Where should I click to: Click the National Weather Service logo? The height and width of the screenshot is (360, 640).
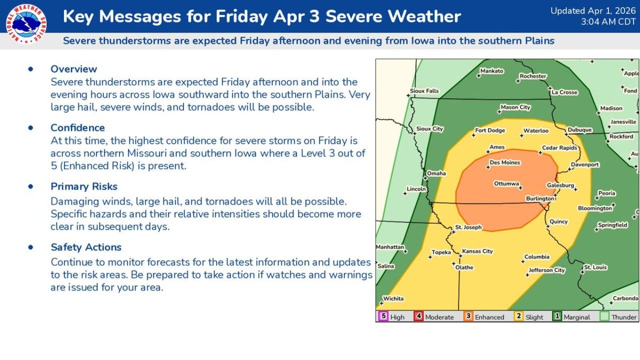pyautogui.click(x=26, y=24)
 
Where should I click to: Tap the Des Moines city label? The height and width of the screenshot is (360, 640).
pyautogui.click(x=504, y=162)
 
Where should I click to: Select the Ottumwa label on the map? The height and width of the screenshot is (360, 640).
pyautogui.click(x=506, y=183)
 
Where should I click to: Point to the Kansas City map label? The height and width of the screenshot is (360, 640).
pyautogui.click(x=477, y=251)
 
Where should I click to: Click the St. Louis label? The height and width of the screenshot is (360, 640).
pyautogui.click(x=595, y=267)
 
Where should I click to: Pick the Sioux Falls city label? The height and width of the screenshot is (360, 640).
pyautogui.click(x=424, y=90)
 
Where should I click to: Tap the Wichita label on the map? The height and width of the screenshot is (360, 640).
pyautogui.click(x=393, y=298)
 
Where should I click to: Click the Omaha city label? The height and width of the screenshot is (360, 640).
pyautogui.click(x=436, y=173)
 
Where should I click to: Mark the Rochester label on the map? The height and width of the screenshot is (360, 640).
pyautogui.click(x=532, y=76)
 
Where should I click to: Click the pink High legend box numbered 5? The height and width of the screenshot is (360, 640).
pyautogui.click(x=383, y=316)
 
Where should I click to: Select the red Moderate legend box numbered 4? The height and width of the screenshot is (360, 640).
pyautogui.click(x=418, y=316)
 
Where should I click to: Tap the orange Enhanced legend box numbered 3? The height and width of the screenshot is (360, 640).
pyautogui.click(x=468, y=316)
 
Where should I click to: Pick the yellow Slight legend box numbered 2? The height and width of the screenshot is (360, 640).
pyautogui.click(x=518, y=316)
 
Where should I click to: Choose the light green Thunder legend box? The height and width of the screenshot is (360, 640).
pyautogui.click(x=604, y=316)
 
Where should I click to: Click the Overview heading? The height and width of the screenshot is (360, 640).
pyautogui.click(x=73, y=69)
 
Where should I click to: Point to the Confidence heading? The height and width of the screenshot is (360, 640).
pyautogui.click(x=77, y=127)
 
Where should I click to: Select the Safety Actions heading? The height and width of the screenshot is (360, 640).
pyautogui.click(x=86, y=247)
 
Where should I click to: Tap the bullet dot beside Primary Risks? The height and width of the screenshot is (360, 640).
pyautogui.click(x=31, y=186)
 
